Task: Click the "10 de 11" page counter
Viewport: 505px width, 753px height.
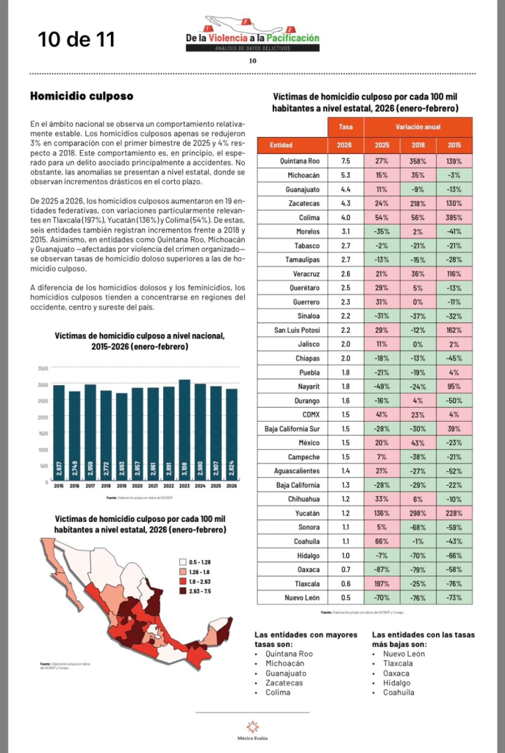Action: pos(77,39)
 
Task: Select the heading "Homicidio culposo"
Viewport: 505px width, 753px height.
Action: pos(82,96)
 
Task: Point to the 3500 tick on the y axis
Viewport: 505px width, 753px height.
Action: pos(43,368)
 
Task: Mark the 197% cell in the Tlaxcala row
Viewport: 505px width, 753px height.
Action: pos(382,584)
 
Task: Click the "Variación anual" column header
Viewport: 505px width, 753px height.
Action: pos(418,127)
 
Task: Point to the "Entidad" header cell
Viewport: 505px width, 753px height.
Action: pos(282,145)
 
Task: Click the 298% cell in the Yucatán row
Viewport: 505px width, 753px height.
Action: pos(418,513)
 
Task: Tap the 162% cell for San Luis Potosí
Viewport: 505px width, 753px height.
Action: pos(454,330)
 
